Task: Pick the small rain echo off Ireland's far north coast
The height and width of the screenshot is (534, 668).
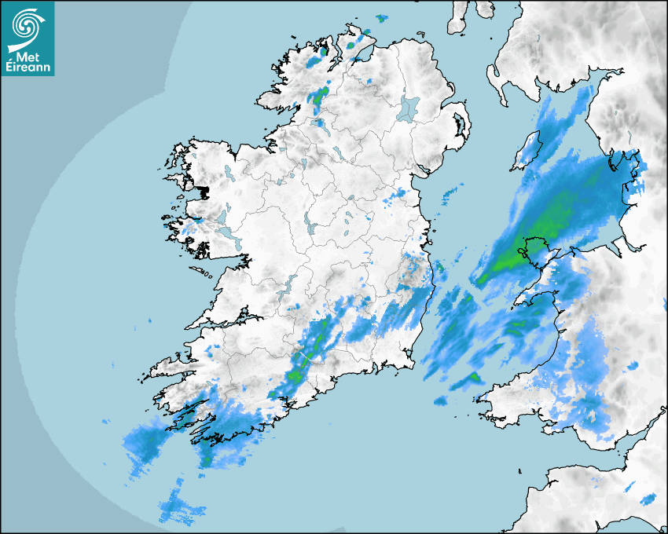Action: pos(383,18)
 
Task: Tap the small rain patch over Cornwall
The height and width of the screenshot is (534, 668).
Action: pos(648,499)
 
